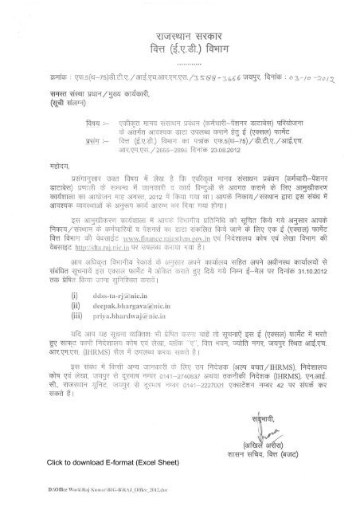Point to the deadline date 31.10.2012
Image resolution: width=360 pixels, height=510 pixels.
(312, 280)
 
